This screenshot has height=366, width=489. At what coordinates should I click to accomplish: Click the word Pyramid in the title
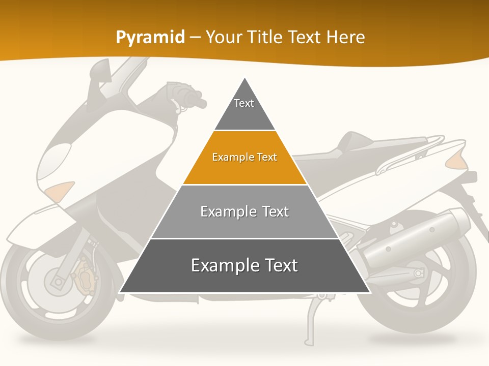point(150,38)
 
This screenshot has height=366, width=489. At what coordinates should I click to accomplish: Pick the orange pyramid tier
point(244,158)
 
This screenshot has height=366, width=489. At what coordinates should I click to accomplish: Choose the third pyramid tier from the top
point(244,212)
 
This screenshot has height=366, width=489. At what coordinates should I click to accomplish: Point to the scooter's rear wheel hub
point(419,273)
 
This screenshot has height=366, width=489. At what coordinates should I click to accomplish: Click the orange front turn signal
point(60,192)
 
